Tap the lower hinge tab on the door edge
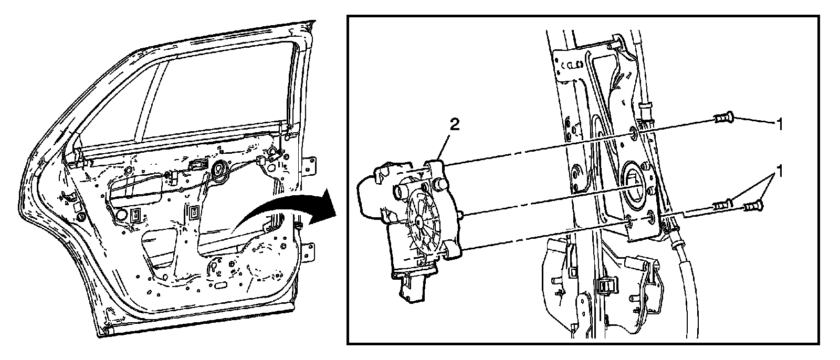(x=311, y=251)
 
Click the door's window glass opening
(x=220, y=100)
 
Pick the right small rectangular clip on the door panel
(x=195, y=213)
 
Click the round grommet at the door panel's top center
(x=218, y=168)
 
